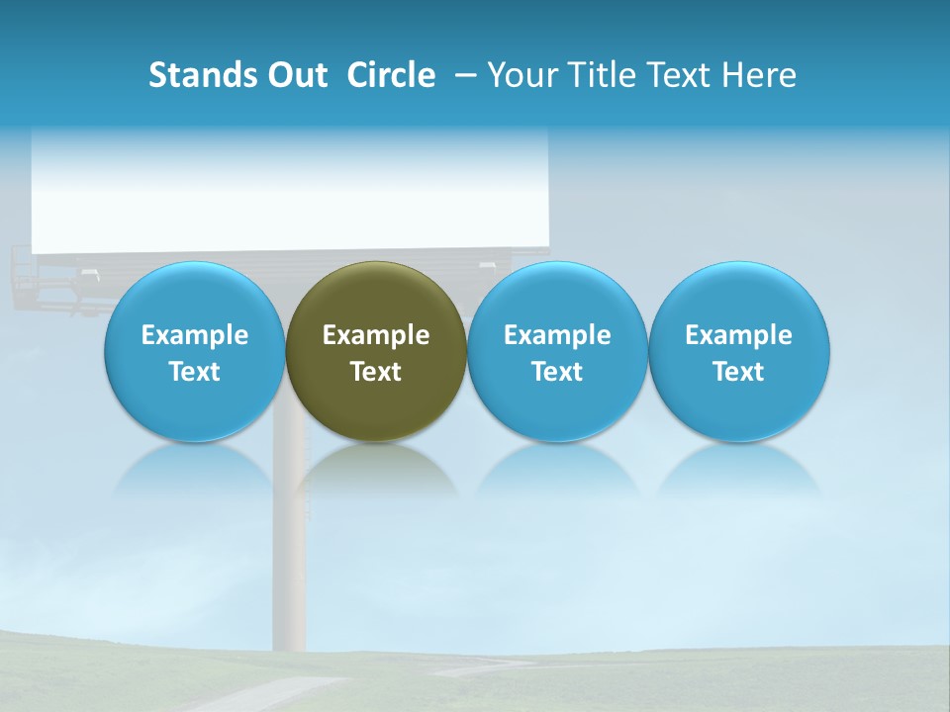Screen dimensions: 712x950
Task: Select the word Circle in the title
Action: [x=391, y=75]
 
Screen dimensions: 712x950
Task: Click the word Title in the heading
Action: [x=600, y=75]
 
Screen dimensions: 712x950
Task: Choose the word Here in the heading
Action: [x=759, y=75]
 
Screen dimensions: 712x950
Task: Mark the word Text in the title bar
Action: [x=678, y=75]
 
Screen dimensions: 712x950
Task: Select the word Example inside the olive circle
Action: [x=376, y=335]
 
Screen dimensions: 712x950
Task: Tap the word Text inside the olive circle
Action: [x=376, y=372]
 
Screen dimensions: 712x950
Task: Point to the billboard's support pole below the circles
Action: [x=291, y=554]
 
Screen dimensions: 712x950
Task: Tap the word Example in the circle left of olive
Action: [x=194, y=335]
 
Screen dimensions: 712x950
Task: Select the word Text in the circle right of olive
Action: [x=557, y=372]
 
